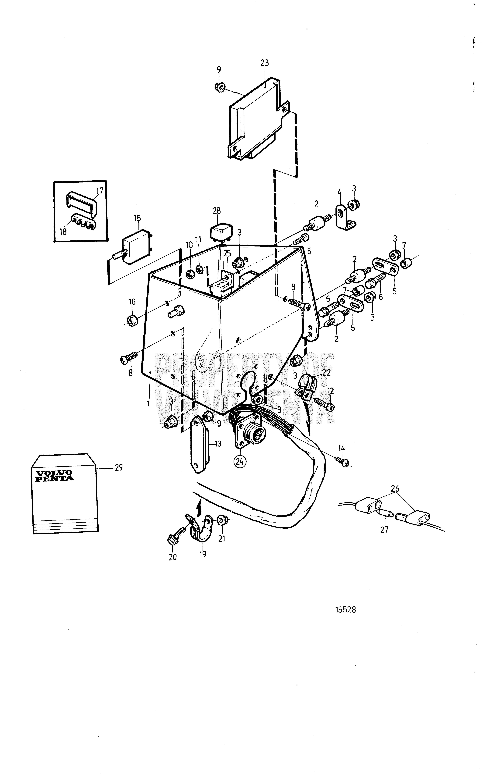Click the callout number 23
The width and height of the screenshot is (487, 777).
pyautogui.click(x=264, y=63)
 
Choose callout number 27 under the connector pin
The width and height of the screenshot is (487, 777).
pyautogui.click(x=384, y=530)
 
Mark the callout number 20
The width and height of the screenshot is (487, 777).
pyautogui.click(x=173, y=557)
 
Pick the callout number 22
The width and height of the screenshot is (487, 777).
pyautogui.click(x=326, y=373)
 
